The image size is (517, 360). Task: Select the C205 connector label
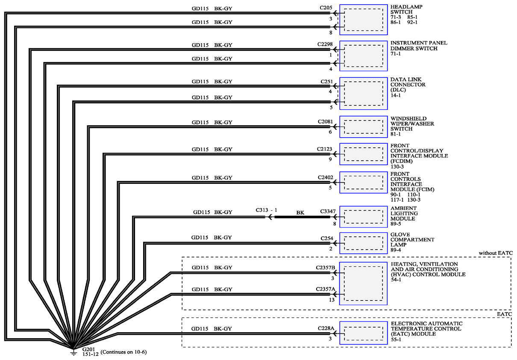(326, 8)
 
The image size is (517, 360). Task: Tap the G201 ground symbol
(73, 352)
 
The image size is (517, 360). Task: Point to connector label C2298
(325, 44)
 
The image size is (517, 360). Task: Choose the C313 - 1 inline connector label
(266, 210)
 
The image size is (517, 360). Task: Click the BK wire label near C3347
(300, 212)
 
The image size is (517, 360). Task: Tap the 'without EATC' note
(496, 253)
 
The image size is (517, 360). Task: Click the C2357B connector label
(326, 268)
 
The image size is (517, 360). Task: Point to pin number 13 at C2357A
(332, 300)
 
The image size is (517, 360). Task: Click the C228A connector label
(326, 328)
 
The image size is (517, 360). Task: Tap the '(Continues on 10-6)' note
(124, 352)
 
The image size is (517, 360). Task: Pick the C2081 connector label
(326, 121)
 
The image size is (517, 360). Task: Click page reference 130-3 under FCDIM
(397, 166)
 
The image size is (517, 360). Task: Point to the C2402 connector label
(326, 177)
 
